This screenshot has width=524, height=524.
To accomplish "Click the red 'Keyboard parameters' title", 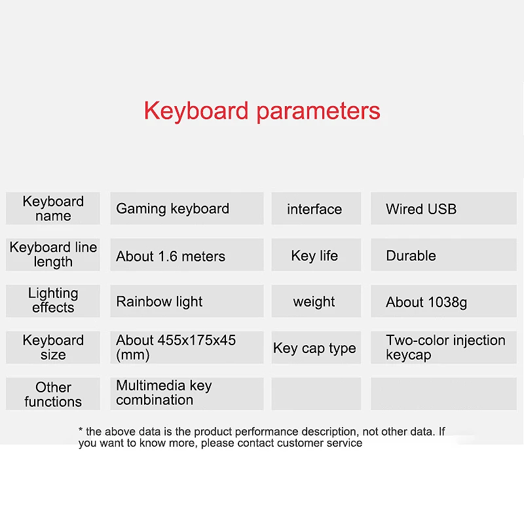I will (262, 111).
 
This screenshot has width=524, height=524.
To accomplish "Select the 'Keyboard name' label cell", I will (53, 208).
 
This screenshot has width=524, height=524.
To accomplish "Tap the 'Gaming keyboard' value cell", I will (187, 208).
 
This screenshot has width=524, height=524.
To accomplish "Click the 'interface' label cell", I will (315, 209).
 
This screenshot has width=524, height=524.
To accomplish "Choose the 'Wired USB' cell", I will (443, 209).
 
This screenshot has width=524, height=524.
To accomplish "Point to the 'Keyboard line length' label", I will (53, 255).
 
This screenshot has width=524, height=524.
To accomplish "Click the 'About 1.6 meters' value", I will (187, 255).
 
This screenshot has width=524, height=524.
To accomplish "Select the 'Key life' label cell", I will (315, 255).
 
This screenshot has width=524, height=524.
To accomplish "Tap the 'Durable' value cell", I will (443, 255).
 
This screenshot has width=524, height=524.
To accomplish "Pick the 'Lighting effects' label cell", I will (53, 301).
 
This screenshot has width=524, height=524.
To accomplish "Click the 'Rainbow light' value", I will (187, 301).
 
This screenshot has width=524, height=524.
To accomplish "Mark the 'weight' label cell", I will (315, 301).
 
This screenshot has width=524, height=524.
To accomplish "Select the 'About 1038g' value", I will (443, 302).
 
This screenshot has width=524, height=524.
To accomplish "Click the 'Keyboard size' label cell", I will (53, 347).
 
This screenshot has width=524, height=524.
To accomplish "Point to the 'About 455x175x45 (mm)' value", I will (187, 347).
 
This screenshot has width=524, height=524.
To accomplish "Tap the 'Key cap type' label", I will (315, 348).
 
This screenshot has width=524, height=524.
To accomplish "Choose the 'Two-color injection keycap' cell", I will (443, 347).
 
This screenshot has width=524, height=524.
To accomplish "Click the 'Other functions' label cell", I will (53, 394).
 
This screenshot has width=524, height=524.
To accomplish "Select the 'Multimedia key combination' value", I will (187, 393).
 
